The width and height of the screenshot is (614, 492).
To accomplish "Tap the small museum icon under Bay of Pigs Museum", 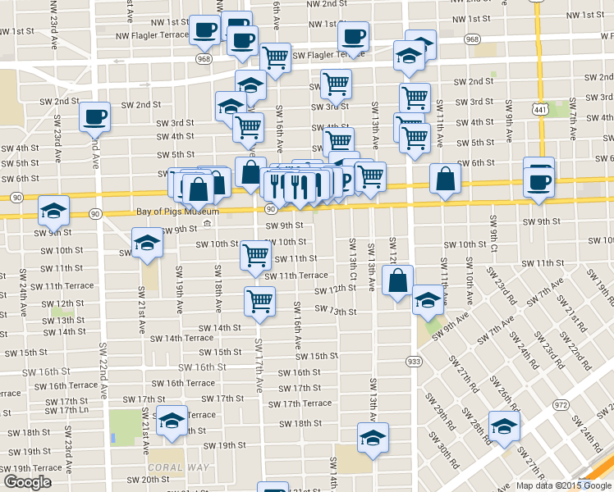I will point(207,224).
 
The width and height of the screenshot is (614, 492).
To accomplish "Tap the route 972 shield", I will point(561,405).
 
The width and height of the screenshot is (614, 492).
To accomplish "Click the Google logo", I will point(27,482).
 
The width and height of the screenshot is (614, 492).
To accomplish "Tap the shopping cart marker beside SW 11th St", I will point(255,255).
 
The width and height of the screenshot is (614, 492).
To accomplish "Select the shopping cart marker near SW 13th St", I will point(259,301).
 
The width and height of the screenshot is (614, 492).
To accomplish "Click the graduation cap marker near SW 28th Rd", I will point(503,425).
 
